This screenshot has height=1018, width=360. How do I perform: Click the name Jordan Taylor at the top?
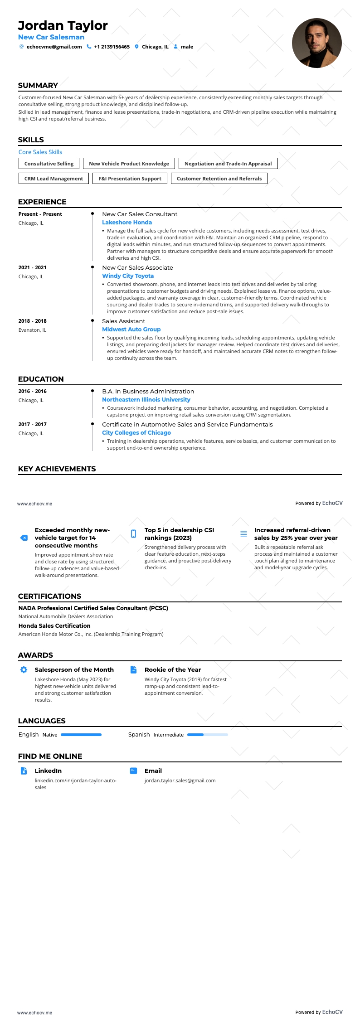(x=63, y=25)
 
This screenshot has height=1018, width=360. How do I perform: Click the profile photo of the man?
(x=316, y=43)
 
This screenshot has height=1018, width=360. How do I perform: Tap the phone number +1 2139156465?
(x=112, y=47)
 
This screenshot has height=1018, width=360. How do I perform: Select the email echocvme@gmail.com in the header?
(x=54, y=47)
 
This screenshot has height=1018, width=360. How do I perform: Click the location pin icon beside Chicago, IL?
(x=136, y=47)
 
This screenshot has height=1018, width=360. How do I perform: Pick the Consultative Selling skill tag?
(x=49, y=164)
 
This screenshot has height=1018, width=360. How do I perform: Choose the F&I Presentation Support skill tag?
(x=130, y=179)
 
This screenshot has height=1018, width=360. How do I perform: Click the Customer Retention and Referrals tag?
(x=219, y=179)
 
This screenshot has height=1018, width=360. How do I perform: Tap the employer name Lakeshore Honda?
(x=127, y=223)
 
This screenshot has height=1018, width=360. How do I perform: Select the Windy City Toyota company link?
(x=128, y=276)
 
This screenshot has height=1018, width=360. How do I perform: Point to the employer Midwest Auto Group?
(x=131, y=330)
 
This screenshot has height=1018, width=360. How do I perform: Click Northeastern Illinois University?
(x=146, y=400)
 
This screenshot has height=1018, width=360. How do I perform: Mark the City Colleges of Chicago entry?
(x=136, y=433)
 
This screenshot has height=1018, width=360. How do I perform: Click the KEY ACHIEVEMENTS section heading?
(x=57, y=469)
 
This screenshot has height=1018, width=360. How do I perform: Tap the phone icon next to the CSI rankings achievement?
(x=133, y=533)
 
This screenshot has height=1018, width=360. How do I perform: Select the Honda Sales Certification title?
(x=54, y=626)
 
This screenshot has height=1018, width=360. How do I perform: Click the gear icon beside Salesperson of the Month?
(x=24, y=670)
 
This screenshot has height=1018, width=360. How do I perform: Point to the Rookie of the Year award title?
(x=173, y=670)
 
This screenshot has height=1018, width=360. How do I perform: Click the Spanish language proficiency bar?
(x=207, y=735)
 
